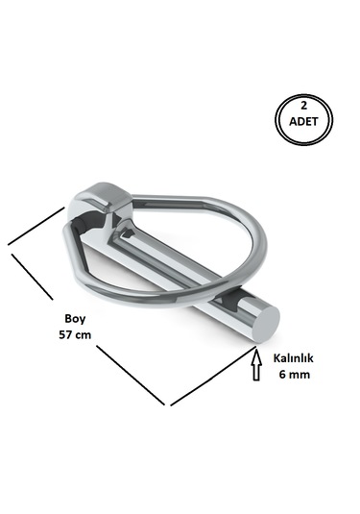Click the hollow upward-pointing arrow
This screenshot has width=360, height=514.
click(x=256, y=365)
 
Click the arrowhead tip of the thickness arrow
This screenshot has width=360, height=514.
click(x=256, y=352)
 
